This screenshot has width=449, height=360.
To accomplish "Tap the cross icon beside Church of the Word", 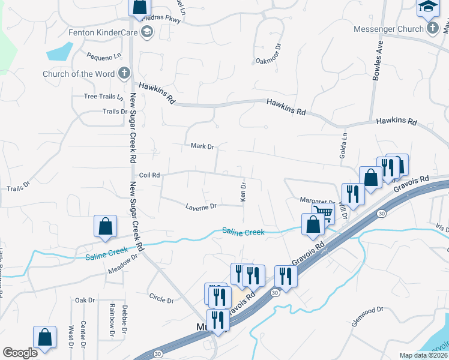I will [124, 74].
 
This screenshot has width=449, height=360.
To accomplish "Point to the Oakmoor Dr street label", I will [268, 61].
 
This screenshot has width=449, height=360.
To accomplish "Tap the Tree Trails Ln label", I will [104, 97].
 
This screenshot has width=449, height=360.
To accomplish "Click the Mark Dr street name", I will [202, 146].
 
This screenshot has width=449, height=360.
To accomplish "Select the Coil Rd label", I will [149, 175].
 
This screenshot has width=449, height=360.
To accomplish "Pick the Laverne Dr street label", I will [200, 207].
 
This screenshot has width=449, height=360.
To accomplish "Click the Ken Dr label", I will [243, 192].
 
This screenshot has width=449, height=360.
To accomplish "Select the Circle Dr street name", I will [161, 298].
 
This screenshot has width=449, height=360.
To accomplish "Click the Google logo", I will [20, 353].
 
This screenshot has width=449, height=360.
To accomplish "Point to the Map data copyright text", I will [424, 355].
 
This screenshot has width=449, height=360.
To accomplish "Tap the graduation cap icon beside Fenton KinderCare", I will [146, 33].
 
